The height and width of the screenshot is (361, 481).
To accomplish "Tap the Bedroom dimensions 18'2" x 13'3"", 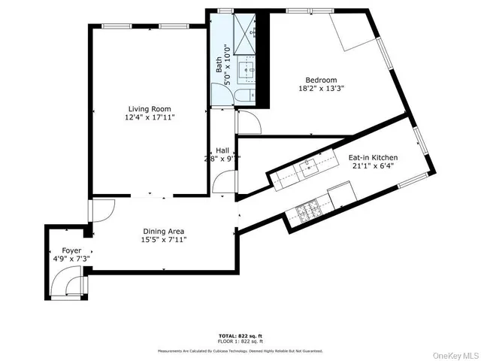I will click(321, 89).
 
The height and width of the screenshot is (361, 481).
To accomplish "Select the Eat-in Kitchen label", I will click(373, 157).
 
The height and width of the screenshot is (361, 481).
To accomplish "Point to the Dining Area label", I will click(164, 231).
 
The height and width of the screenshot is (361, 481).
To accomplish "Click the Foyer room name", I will click(62, 250).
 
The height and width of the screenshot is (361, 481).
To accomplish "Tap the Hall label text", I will click(222, 150).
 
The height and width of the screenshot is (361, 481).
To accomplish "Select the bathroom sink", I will click(246, 71).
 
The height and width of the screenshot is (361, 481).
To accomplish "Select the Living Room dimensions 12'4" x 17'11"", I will click(150, 117).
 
